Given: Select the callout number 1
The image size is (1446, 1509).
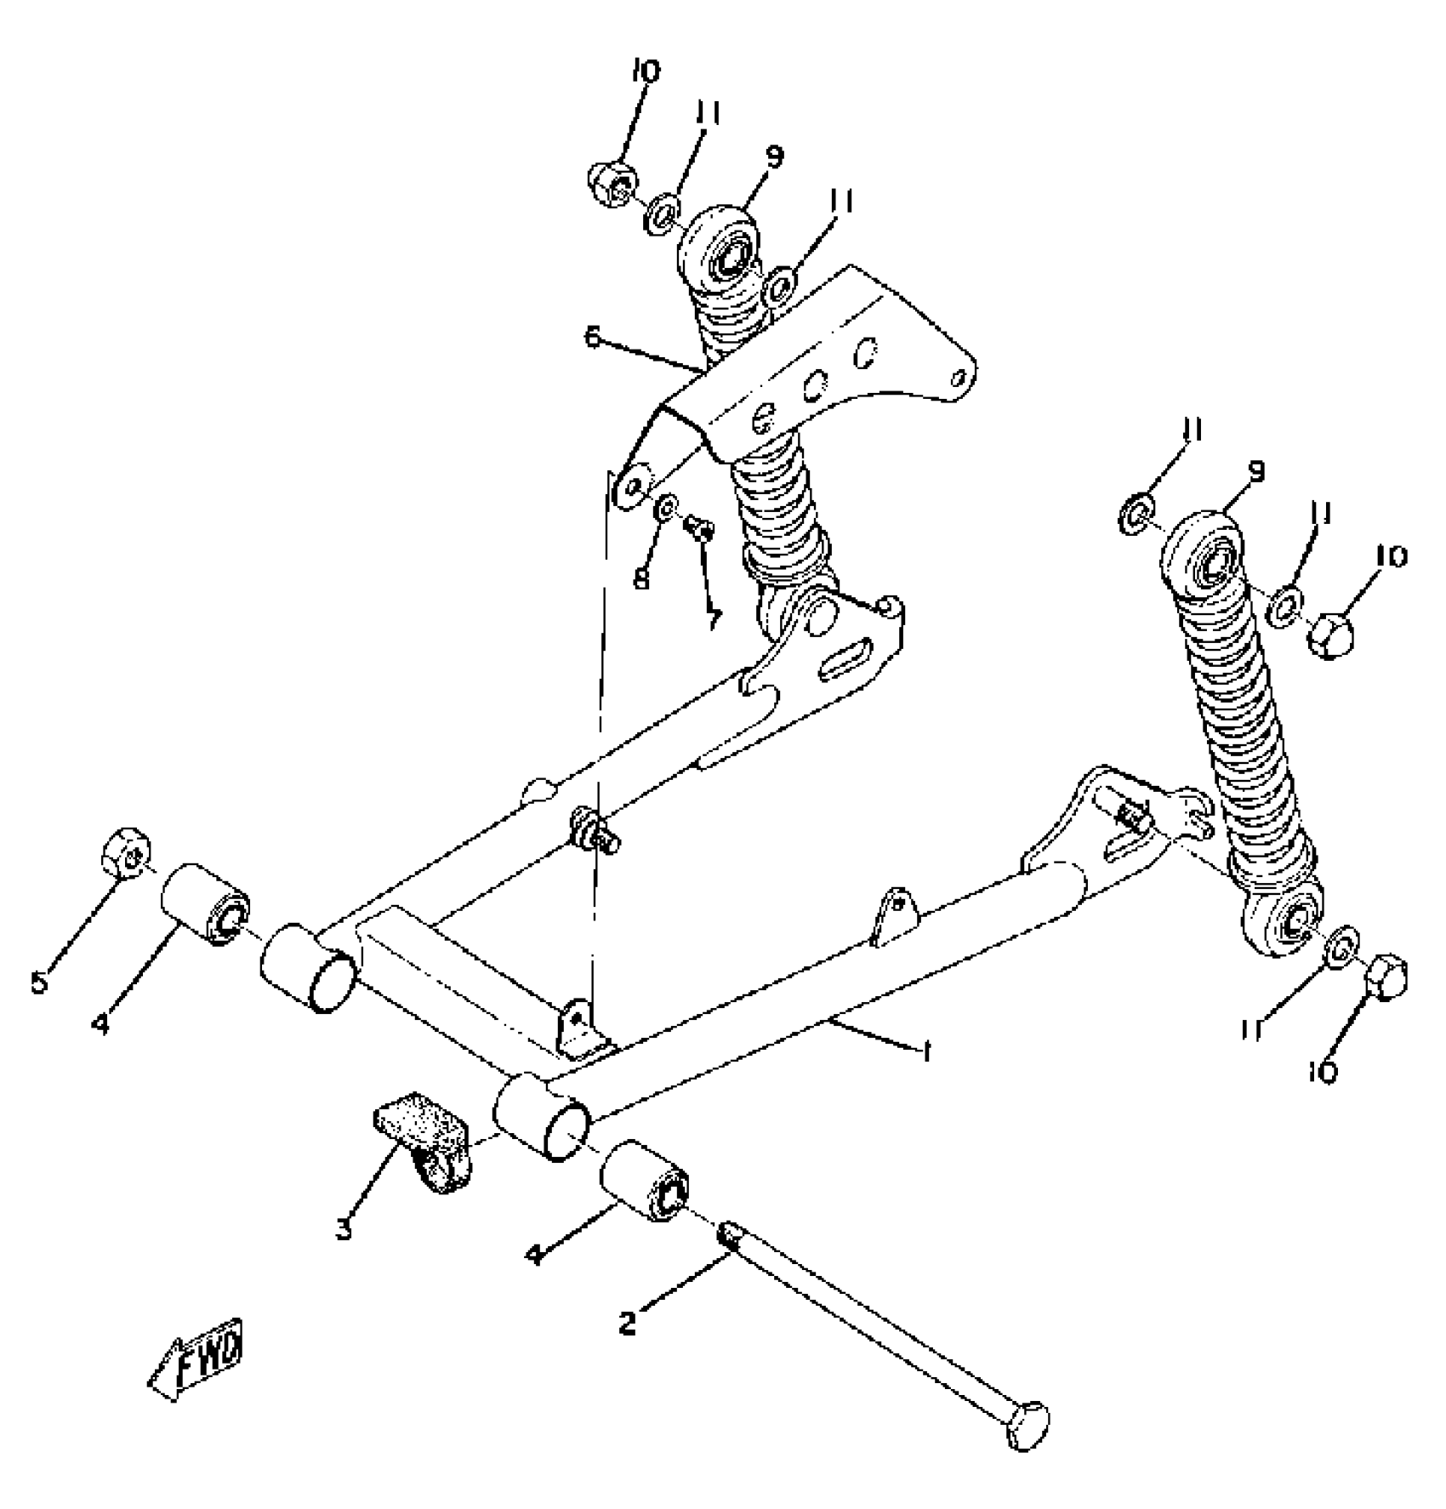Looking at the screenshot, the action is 926,1052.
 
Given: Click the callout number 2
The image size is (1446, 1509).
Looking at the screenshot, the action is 628,1323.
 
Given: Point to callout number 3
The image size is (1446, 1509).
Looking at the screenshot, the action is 343,1227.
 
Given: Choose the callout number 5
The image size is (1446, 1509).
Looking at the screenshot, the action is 40,984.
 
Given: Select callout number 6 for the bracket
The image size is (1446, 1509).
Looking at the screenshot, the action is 593,338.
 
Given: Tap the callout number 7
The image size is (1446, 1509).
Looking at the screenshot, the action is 713,617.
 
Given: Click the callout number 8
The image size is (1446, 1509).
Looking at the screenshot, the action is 641,578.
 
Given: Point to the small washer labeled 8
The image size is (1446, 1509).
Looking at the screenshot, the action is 665,508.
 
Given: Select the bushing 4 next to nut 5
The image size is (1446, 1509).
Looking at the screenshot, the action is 205,903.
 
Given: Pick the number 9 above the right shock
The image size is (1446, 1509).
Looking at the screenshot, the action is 1256,472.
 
